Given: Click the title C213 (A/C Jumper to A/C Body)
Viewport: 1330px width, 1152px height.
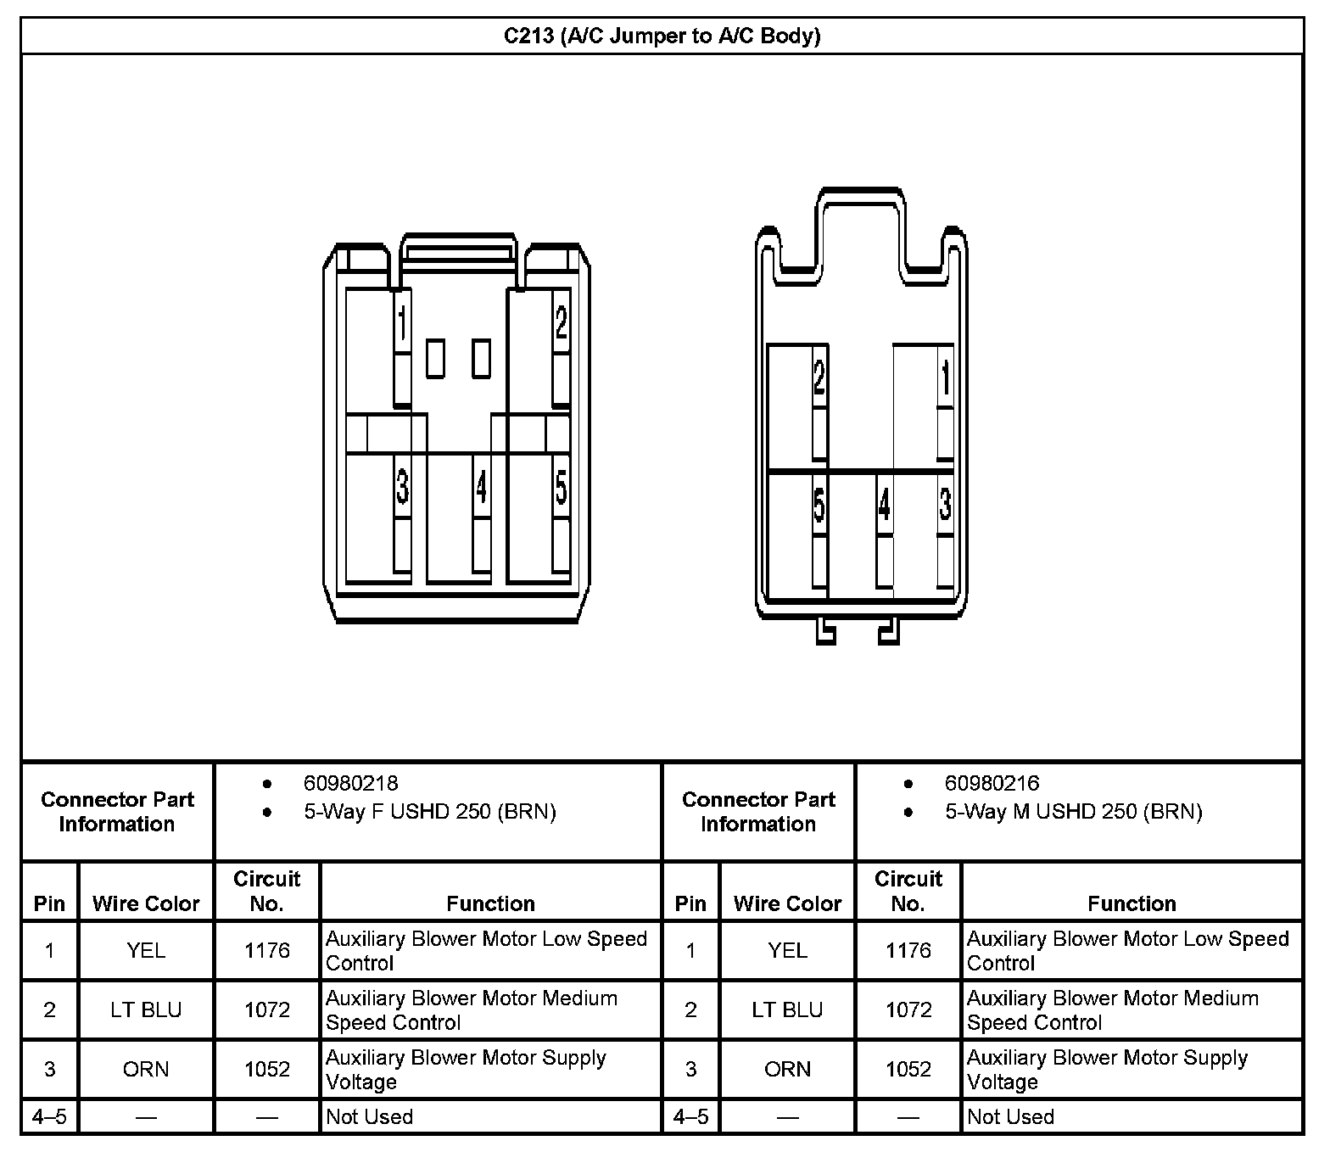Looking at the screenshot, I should [x=662, y=36].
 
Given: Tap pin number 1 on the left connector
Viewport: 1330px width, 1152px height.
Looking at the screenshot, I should [x=402, y=323].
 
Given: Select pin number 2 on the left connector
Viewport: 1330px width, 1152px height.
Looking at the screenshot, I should [x=561, y=322].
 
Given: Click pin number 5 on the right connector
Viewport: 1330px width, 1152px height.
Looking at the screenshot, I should [x=819, y=505].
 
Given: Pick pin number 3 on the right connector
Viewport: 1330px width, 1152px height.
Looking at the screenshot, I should [x=945, y=505].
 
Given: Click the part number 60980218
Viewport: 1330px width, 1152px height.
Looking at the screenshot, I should [x=350, y=783].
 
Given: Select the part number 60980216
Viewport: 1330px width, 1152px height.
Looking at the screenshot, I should [x=992, y=783].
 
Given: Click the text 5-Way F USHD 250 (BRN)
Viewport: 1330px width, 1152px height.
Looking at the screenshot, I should [x=429, y=812].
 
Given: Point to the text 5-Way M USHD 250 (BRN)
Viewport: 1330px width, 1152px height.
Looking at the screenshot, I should [x=1073, y=812].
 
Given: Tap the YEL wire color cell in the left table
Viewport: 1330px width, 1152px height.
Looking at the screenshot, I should [x=146, y=951].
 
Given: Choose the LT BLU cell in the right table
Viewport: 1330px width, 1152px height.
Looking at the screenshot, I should [x=787, y=1010].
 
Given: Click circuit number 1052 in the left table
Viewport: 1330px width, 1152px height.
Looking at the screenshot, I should [x=267, y=1070].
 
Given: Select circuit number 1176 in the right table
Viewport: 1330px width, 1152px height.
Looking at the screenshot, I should [x=908, y=951].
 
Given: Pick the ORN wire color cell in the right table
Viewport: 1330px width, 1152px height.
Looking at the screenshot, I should [x=787, y=1070].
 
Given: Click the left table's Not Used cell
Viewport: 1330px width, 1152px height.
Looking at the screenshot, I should [x=369, y=1116].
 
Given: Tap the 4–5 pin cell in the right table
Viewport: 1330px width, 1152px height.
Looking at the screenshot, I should [x=690, y=1116].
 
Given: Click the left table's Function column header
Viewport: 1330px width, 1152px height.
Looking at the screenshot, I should [x=490, y=903].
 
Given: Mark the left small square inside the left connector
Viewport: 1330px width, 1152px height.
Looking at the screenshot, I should [x=435, y=359].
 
